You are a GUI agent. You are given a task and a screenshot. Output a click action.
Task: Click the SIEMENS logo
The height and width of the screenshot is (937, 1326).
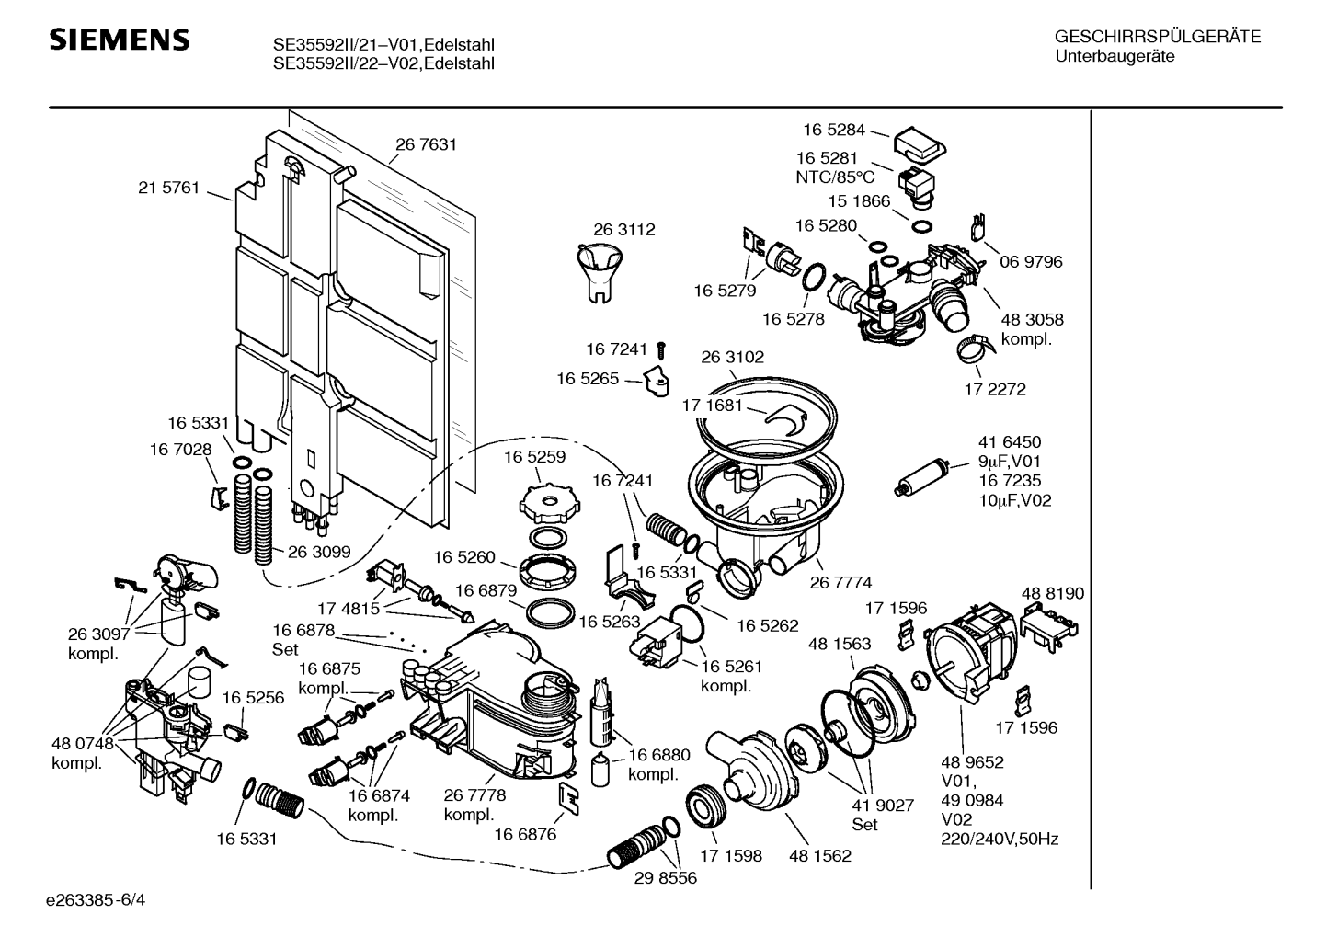tap(119, 40)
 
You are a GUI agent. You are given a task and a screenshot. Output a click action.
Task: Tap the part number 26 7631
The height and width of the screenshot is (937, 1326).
tap(426, 144)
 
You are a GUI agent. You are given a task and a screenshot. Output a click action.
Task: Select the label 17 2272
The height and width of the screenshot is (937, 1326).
tap(994, 389)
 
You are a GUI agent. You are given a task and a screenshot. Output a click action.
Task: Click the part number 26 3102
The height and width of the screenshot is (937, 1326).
tap(732, 357)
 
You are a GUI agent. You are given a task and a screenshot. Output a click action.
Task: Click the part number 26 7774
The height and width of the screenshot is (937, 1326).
tap(840, 582)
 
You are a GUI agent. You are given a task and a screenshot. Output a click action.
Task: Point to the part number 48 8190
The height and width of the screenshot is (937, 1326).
tap(1053, 594)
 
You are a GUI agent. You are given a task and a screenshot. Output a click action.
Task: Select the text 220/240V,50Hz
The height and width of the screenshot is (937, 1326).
tap(999, 839)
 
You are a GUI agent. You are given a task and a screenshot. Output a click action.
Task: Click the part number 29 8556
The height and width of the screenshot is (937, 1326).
tap(666, 878)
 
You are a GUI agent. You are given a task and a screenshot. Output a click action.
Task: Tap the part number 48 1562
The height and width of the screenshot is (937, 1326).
tap(819, 856)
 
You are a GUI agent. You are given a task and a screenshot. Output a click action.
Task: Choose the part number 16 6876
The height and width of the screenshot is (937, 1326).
tap(525, 834)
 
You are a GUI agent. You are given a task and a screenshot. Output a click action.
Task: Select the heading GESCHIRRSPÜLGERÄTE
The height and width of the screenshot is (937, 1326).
tap(1157, 38)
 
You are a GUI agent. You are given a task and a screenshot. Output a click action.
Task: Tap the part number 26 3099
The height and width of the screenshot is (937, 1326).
tap(319, 552)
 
